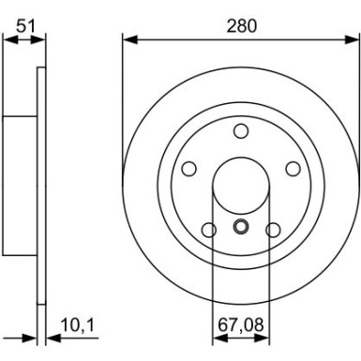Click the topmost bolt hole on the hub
tap(241, 131)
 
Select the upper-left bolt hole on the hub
tap(188, 169)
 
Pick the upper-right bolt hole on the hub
tap(293, 169)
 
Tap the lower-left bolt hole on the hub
tap(208, 230)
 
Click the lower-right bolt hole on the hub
tap(273, 230)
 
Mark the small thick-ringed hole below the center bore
tap(241, 225)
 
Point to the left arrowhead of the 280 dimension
tap(128, 39)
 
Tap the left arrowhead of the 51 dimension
tap(8, 39)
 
